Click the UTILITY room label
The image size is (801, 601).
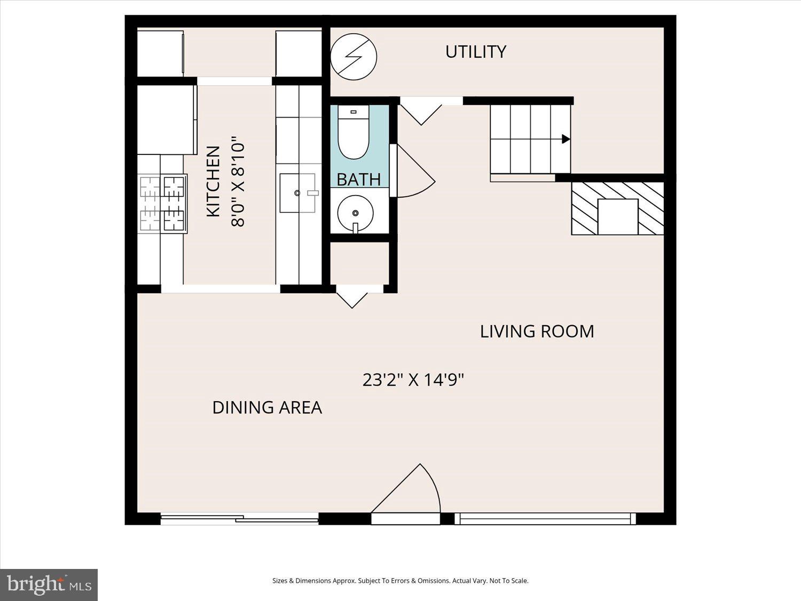(x=475, y=52)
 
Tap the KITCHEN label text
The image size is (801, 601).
(x=213, y=181)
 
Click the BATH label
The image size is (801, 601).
(x=358, y=179)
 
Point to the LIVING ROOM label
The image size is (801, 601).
(x=537, y=331)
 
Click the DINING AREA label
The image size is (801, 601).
(x=267, y=408)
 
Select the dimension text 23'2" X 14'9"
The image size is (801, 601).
(x=413, y=380)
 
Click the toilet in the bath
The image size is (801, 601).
(x=354, y=134)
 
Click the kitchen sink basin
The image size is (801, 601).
(x=297, y=193)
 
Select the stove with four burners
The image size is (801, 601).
(x=162, y=204)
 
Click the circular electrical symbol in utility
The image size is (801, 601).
(x=354, y=57)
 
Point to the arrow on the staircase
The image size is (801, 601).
(x=565, y=139)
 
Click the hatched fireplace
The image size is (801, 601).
(x=617, y=208)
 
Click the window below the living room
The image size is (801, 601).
(x=545, y=518)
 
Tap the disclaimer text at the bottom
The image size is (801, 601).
(x=400, y=581)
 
